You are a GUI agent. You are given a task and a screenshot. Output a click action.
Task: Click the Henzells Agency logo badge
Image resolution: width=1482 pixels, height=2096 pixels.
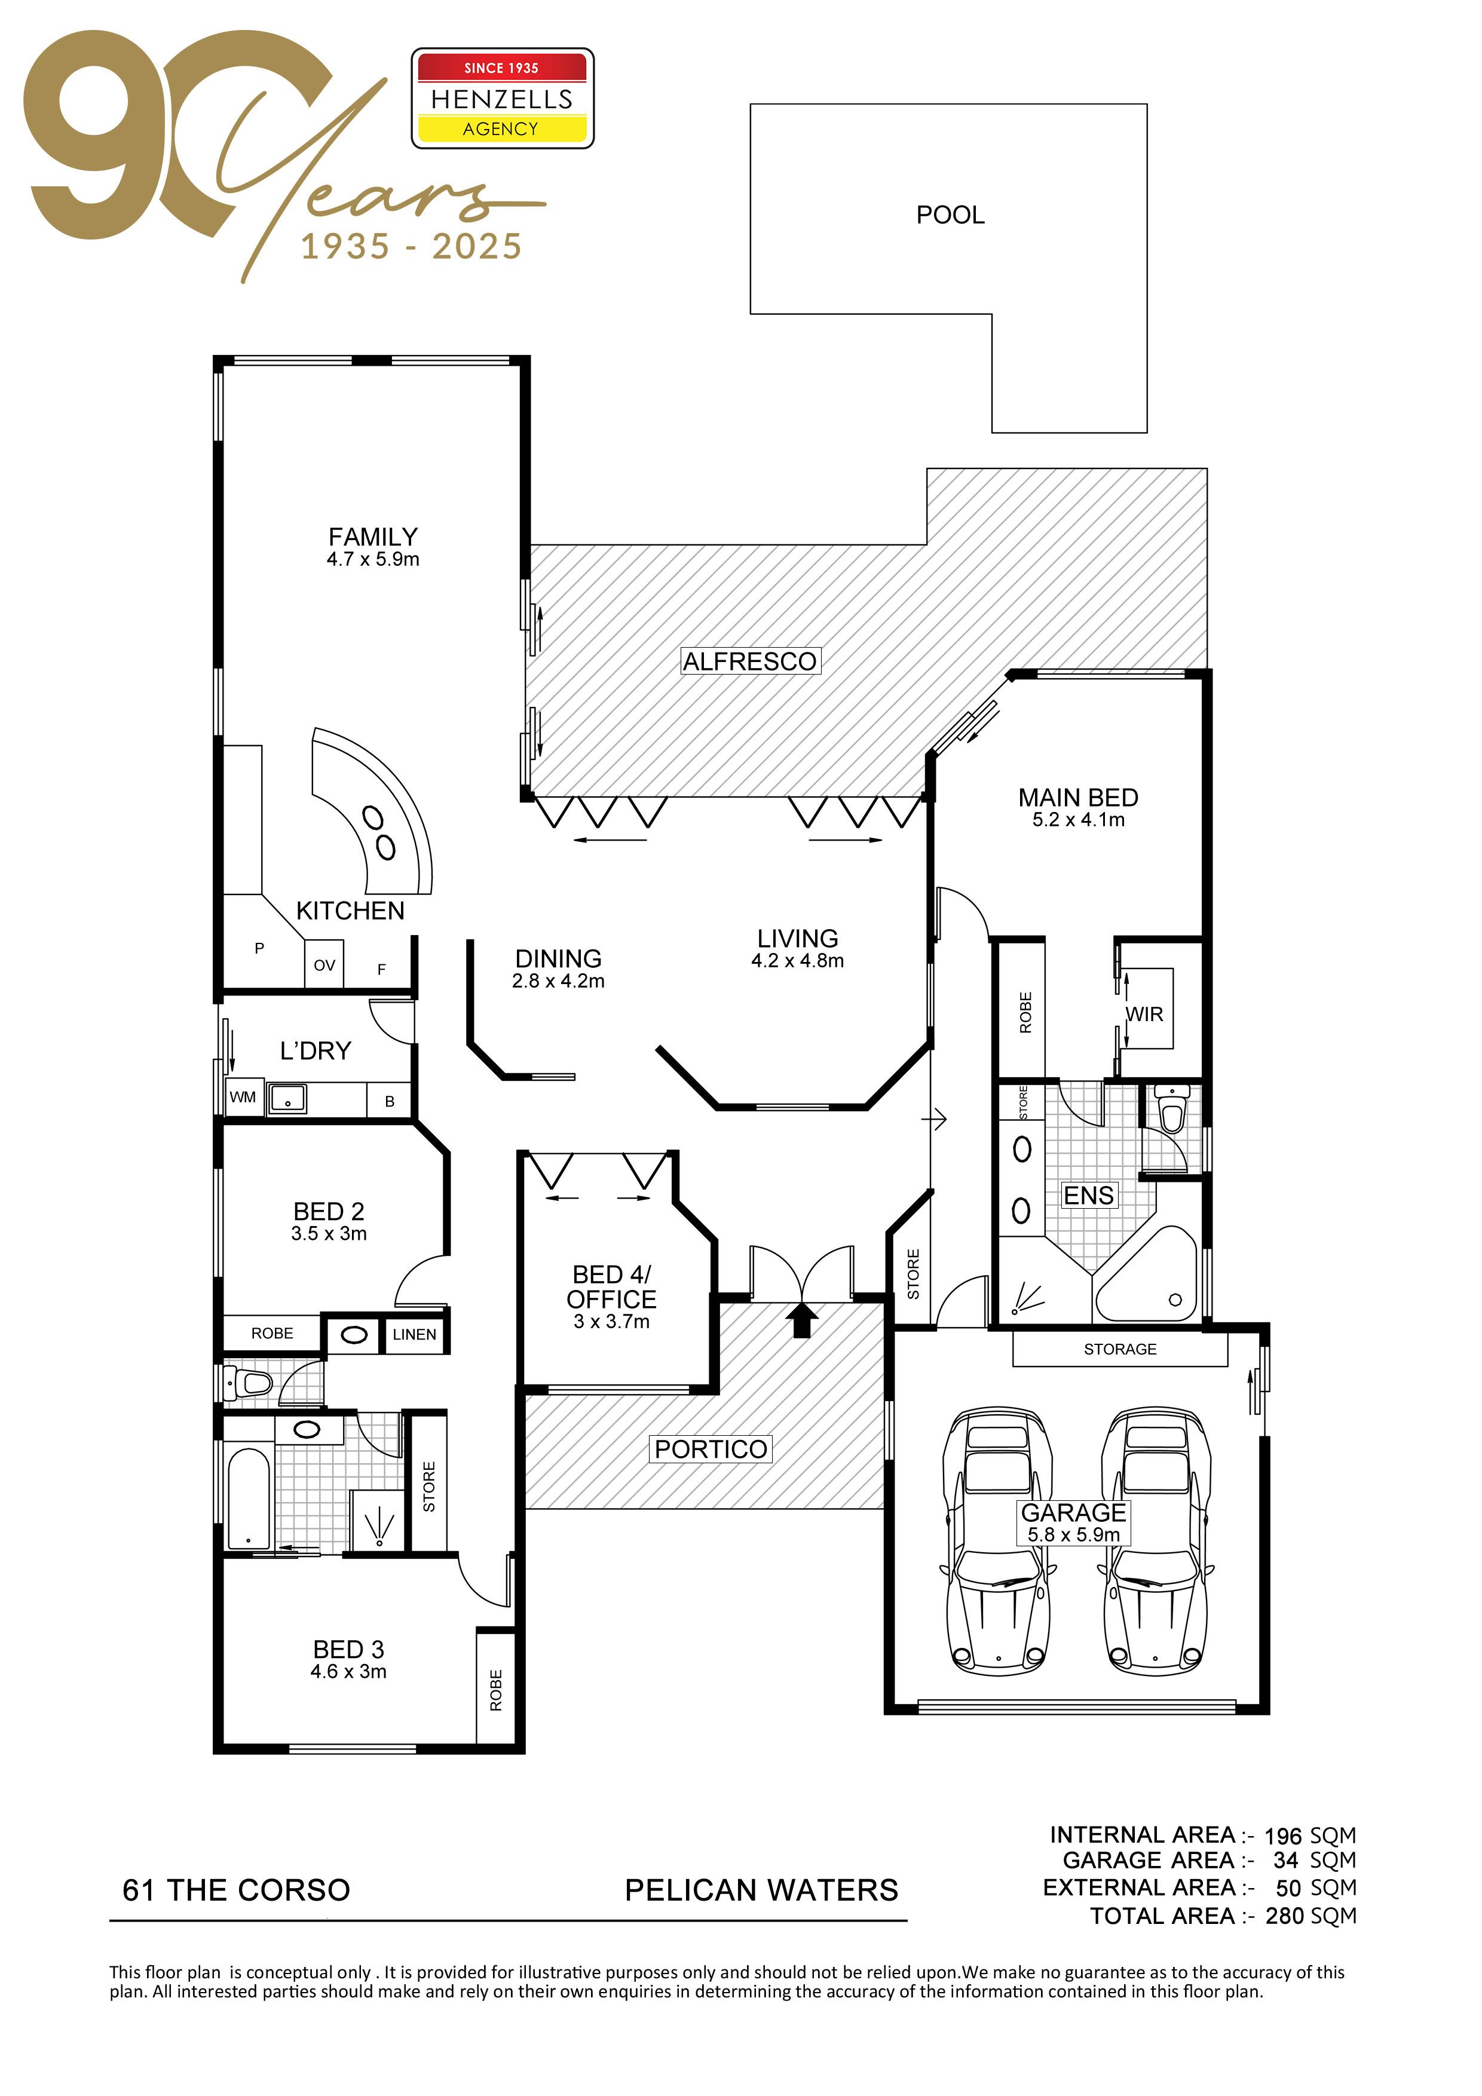(502, 97)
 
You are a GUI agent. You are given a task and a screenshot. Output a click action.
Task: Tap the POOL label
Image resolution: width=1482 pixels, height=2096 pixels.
(951, 216)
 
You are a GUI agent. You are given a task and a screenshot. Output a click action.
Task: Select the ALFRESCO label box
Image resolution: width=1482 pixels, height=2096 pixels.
(751, 661)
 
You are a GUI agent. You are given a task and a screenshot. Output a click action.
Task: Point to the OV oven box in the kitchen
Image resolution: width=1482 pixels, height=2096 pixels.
(324, 964)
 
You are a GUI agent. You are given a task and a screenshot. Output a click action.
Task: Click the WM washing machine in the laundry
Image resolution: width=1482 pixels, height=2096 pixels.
(243, 1098)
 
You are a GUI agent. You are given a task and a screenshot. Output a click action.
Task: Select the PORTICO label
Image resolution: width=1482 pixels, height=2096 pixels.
(711, 1449)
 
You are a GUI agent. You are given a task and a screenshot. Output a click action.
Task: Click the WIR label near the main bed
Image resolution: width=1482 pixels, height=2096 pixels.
(1144, 1014)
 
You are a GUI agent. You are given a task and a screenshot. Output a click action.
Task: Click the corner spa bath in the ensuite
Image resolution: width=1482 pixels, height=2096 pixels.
(1147, 1275)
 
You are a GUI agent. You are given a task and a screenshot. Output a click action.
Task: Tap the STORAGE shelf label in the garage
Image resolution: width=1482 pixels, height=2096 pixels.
(1120, 1349)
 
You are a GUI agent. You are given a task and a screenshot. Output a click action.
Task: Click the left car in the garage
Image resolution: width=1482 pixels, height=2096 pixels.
(997, 1542)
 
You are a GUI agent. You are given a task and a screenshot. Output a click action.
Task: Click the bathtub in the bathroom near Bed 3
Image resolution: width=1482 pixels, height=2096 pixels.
(249, 1499)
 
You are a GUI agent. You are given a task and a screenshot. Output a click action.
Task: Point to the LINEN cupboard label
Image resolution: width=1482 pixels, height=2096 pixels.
(415, 1335)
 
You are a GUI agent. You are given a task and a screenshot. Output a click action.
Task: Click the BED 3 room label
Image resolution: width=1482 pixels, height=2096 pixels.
(349, 1650)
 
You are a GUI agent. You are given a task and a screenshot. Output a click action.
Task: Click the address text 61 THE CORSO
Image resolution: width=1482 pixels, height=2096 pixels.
(237, 1890)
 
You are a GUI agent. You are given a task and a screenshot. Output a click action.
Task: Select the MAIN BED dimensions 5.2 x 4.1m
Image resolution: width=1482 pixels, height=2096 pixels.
(1079, 820)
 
